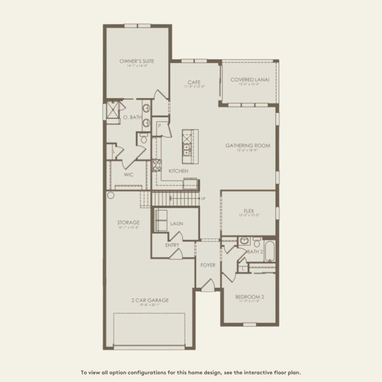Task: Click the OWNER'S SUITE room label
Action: point(137,60)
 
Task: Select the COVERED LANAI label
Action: point(249,80)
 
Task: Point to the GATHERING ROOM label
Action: point(247,145)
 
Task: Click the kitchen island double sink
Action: point(187,150)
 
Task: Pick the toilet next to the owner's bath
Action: point(144,139)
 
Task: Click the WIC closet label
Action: point(128,174)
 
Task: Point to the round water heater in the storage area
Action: point(111,195)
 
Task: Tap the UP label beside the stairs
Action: point(203,199)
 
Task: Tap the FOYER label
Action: point(207,265)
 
